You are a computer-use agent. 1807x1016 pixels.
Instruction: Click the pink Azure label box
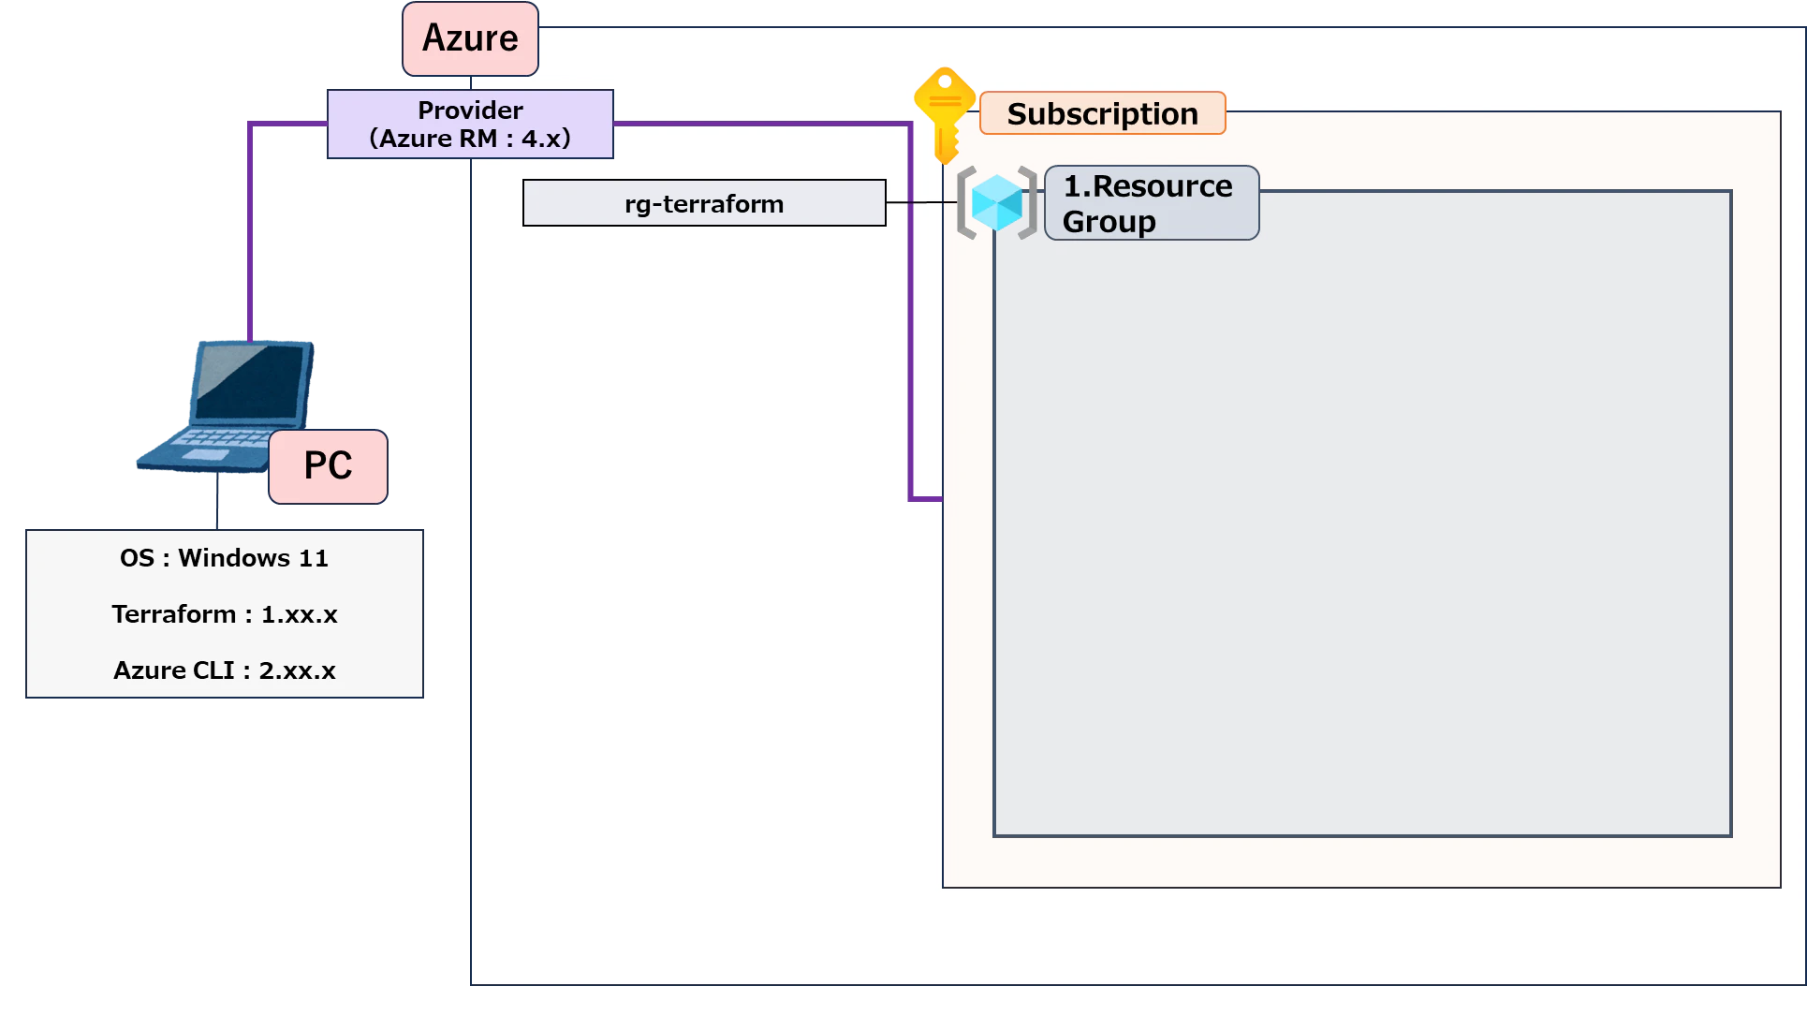[470, 38]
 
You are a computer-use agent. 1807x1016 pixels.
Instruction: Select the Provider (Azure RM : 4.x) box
[470, 124]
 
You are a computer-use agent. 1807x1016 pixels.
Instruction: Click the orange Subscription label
[1102, 113]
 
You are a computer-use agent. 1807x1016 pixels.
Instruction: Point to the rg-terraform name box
[704, 203]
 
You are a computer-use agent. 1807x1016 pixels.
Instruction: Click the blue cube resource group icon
[997, 202]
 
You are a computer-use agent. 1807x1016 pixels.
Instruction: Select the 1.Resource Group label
[1152, 203]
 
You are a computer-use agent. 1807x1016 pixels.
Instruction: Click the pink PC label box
[328, 466]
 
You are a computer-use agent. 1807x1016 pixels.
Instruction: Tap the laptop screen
[250, 382]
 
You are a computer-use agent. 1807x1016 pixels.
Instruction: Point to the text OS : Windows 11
[225, 558]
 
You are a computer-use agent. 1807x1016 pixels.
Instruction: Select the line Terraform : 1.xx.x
[225, 614]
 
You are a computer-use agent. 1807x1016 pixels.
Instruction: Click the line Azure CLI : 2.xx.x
[225, 670]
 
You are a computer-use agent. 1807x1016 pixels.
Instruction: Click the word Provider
[470, 110]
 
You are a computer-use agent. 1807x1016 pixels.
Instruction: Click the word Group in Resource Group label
[1109, 222]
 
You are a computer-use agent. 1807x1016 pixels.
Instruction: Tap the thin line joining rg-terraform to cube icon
[922, 202]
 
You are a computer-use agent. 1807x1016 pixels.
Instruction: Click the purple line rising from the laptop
[250, 232]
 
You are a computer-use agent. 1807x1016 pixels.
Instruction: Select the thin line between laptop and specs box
[217, 500]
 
